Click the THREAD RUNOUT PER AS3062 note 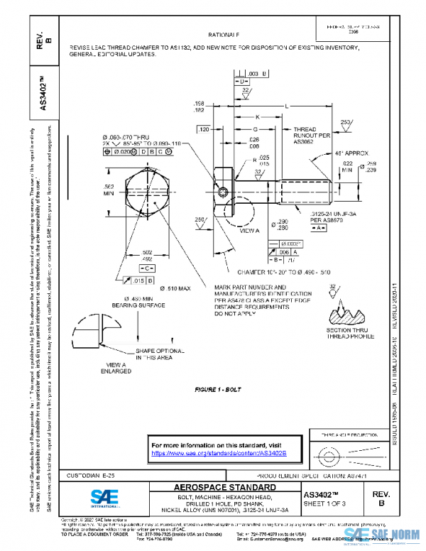tap(312, 136)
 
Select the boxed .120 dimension tap(204, 130)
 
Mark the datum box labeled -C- tap(147, 269)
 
